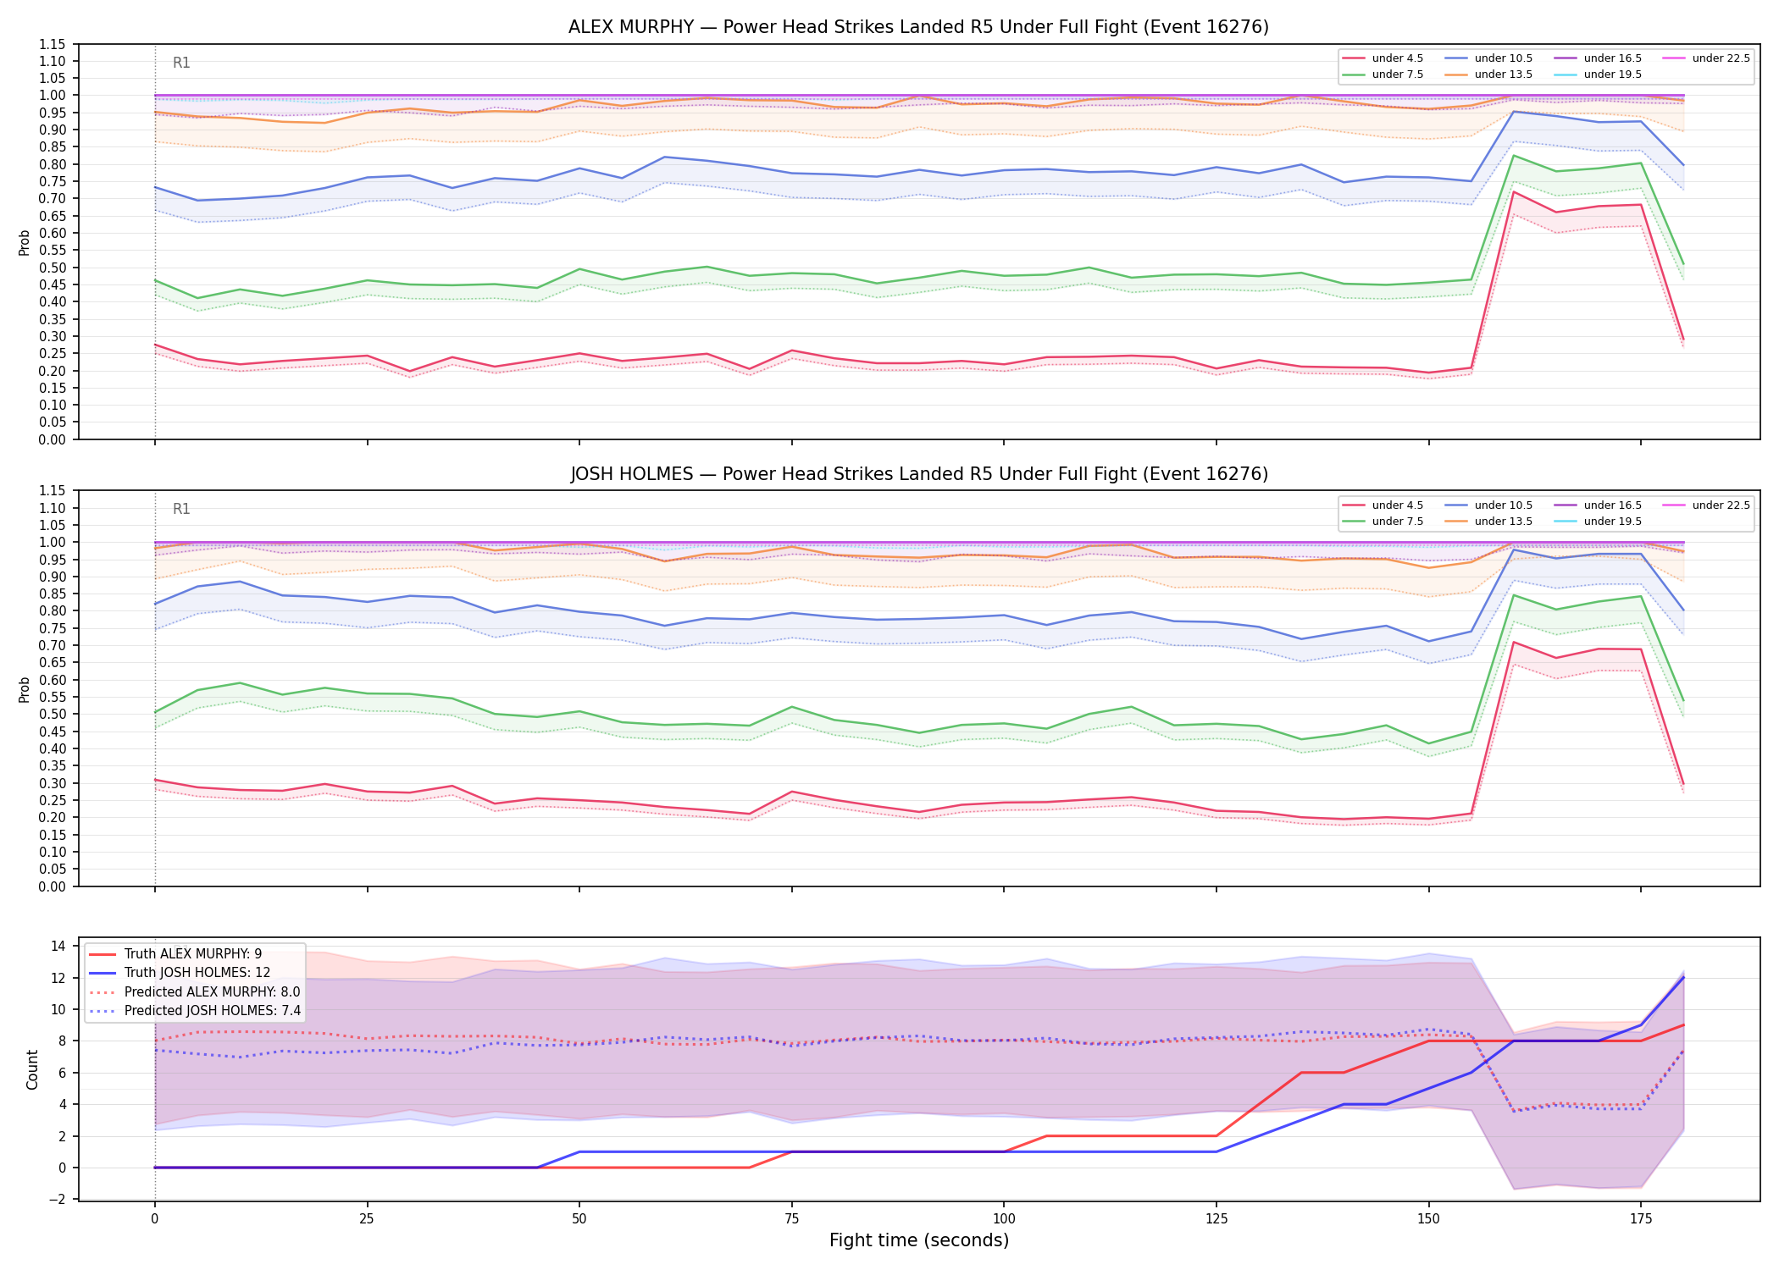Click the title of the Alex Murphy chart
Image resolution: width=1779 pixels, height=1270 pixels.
click(x=918, y=27)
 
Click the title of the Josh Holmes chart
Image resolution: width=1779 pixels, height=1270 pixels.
click(x=918, y=474)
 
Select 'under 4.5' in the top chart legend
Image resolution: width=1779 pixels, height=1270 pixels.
click(x=1398, y=58)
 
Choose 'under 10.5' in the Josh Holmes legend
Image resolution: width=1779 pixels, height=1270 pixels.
click(x=1504, y=505)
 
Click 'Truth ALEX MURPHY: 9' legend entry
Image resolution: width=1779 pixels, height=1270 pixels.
click(x=193, y=954)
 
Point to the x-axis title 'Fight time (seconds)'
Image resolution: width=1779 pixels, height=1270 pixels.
click(x=919, y=1240)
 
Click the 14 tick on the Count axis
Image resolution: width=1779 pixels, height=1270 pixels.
click(x=58, y=947)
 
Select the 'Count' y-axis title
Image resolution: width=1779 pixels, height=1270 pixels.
click(x=32, y=1069)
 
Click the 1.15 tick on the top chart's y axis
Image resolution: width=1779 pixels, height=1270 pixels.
click(x=53, y=44)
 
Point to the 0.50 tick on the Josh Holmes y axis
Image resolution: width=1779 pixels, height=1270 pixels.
click(x=53, y=714)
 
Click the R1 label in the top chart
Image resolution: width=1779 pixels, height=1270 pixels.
click(x=181, y=63)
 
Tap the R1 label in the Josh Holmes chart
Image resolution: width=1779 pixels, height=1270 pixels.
click(x=181, y=509)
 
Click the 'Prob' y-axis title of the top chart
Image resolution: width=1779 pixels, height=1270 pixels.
click(x=25, y=243)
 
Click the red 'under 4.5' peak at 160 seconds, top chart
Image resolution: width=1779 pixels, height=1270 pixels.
click(x=1514, y=192)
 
